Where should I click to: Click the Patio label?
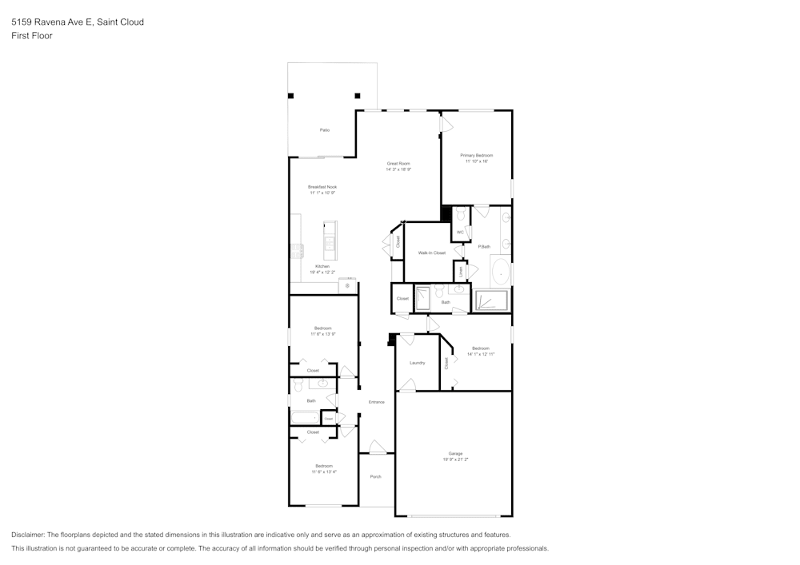pyautogui.click(x=325, y=129)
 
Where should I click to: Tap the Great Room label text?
pyautogui.click(x=398, y=163)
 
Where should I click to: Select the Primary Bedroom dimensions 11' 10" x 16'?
pyautogui.click(x=476, y=161)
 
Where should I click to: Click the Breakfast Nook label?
pyautogui.click(x=322, y=187)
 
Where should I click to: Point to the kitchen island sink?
pyautogui.click(x=330, y=242)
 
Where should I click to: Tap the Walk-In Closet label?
pyautogui.click(x=431, y=253)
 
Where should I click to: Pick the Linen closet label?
pyautogui.click(x=461, y=271)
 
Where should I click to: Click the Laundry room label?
pyautogui.click(x=417, y=363)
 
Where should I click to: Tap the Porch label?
pyautogui.click(x=375, y=477)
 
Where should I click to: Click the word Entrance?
pyautogui.click(x=376, y=402)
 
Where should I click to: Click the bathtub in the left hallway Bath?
pyautogui.click(x=305, y=417)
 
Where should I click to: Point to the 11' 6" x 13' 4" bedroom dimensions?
pyautogui.click(x=323, y=471)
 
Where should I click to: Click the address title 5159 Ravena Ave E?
pyautogui.click(x=50, y=22)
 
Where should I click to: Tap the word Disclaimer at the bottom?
pyautogui.click(x=29, y=535)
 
